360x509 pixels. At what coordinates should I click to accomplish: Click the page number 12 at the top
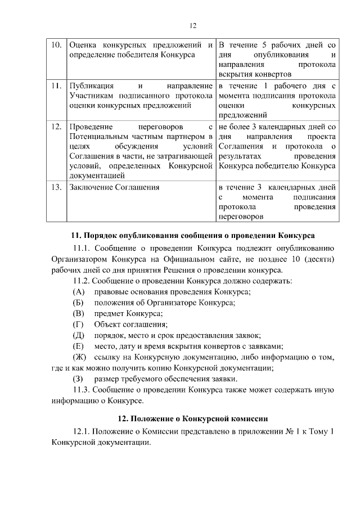[x=192, y=25]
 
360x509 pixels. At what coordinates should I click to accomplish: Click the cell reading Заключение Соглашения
[x=114, y=187]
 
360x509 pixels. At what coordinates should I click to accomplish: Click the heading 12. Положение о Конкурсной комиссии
[x=192, y=418]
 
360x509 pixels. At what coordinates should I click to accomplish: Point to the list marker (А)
[x=79, y=291]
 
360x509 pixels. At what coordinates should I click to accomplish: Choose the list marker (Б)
[x=79, y=302]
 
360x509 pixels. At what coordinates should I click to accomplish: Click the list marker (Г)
[x=79, y=324]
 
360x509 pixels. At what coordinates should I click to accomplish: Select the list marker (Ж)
[x=80, y=357]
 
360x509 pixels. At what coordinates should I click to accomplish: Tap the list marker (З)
[x=79, y=379]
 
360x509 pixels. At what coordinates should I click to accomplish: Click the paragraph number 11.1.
[x=82, y=247]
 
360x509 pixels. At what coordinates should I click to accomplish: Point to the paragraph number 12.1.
[x=82, y=431]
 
